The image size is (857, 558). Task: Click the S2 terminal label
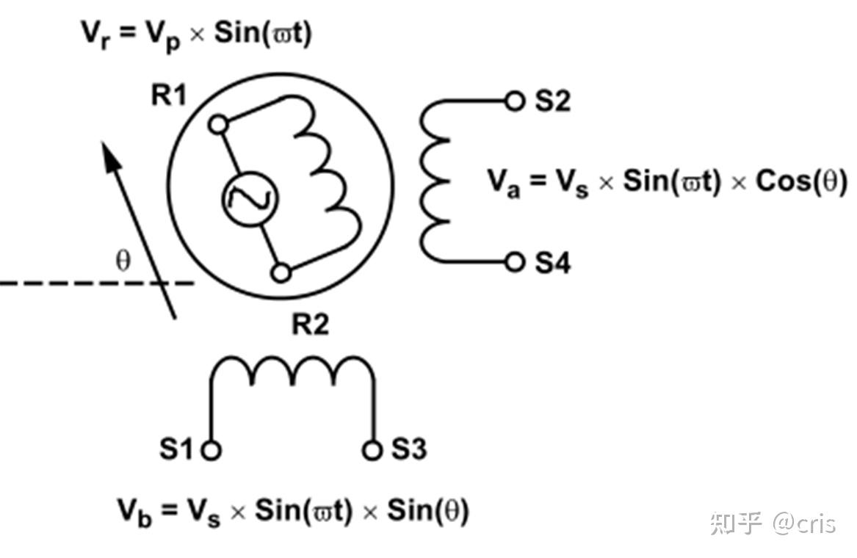[x=552, y=101]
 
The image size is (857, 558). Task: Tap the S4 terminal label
[x=552, y=262]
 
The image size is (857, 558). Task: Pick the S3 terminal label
[x=408, y=449]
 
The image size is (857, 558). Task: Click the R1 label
[x=169, y=95]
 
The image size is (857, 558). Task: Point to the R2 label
[x=310, y=324]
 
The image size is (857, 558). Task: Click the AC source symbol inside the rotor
[x=249, y=199]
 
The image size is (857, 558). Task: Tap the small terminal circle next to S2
[x=516, y=101]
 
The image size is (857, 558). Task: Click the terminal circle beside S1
[x=211, y=449]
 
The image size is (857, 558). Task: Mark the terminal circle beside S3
[x=373, y=449]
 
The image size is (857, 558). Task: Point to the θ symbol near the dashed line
[x=123, y=261]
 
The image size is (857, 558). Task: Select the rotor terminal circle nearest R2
[x=281, y=273]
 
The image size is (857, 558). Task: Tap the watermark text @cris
[x=804, y=523]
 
